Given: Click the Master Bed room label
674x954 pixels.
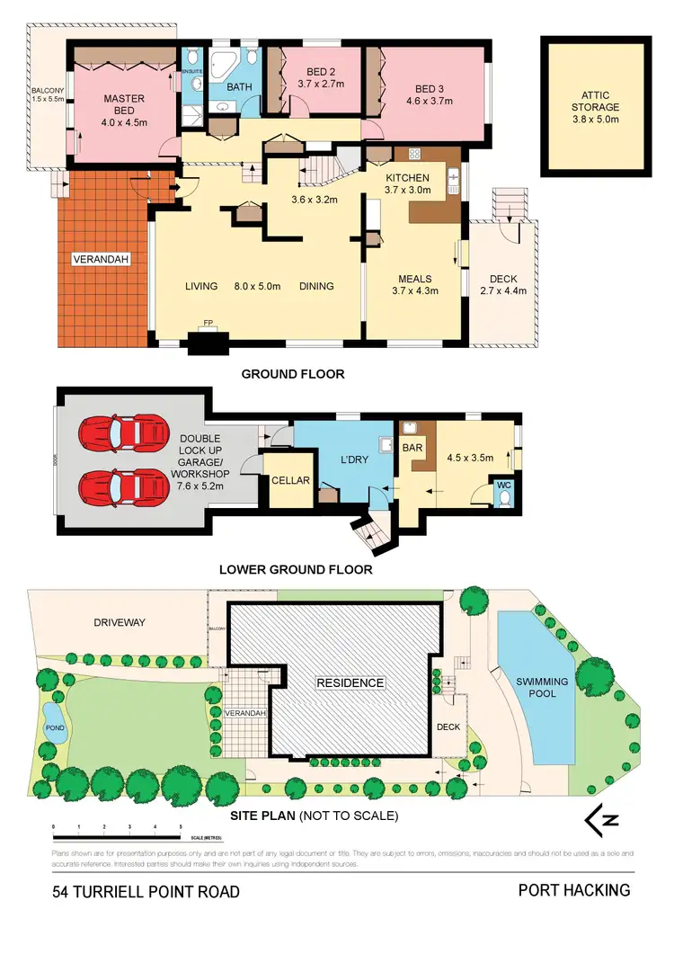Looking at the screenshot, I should pos(124,105).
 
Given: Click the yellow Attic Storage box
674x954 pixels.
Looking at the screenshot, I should pos(596,107).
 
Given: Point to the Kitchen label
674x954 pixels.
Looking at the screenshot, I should pos(408,178).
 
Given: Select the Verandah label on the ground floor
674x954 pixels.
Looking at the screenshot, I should pos(102,260).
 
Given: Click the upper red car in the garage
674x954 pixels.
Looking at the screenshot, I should pos(124,434).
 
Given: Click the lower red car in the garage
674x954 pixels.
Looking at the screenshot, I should pos(124,489).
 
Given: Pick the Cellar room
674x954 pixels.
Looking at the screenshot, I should pos(291,481).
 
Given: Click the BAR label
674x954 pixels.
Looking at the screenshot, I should pos(413,445).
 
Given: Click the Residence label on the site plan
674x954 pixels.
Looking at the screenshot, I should pos(350,683).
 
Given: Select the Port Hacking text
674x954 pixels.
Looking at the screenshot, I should pos(574,890).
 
